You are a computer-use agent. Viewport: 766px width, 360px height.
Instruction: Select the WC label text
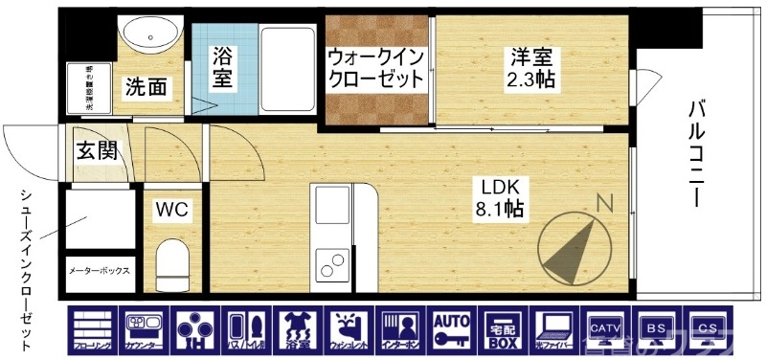tap(171, 209)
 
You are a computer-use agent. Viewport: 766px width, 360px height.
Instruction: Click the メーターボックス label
tap(99, 270)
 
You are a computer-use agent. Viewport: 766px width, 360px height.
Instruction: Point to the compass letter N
tap(604, 203)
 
